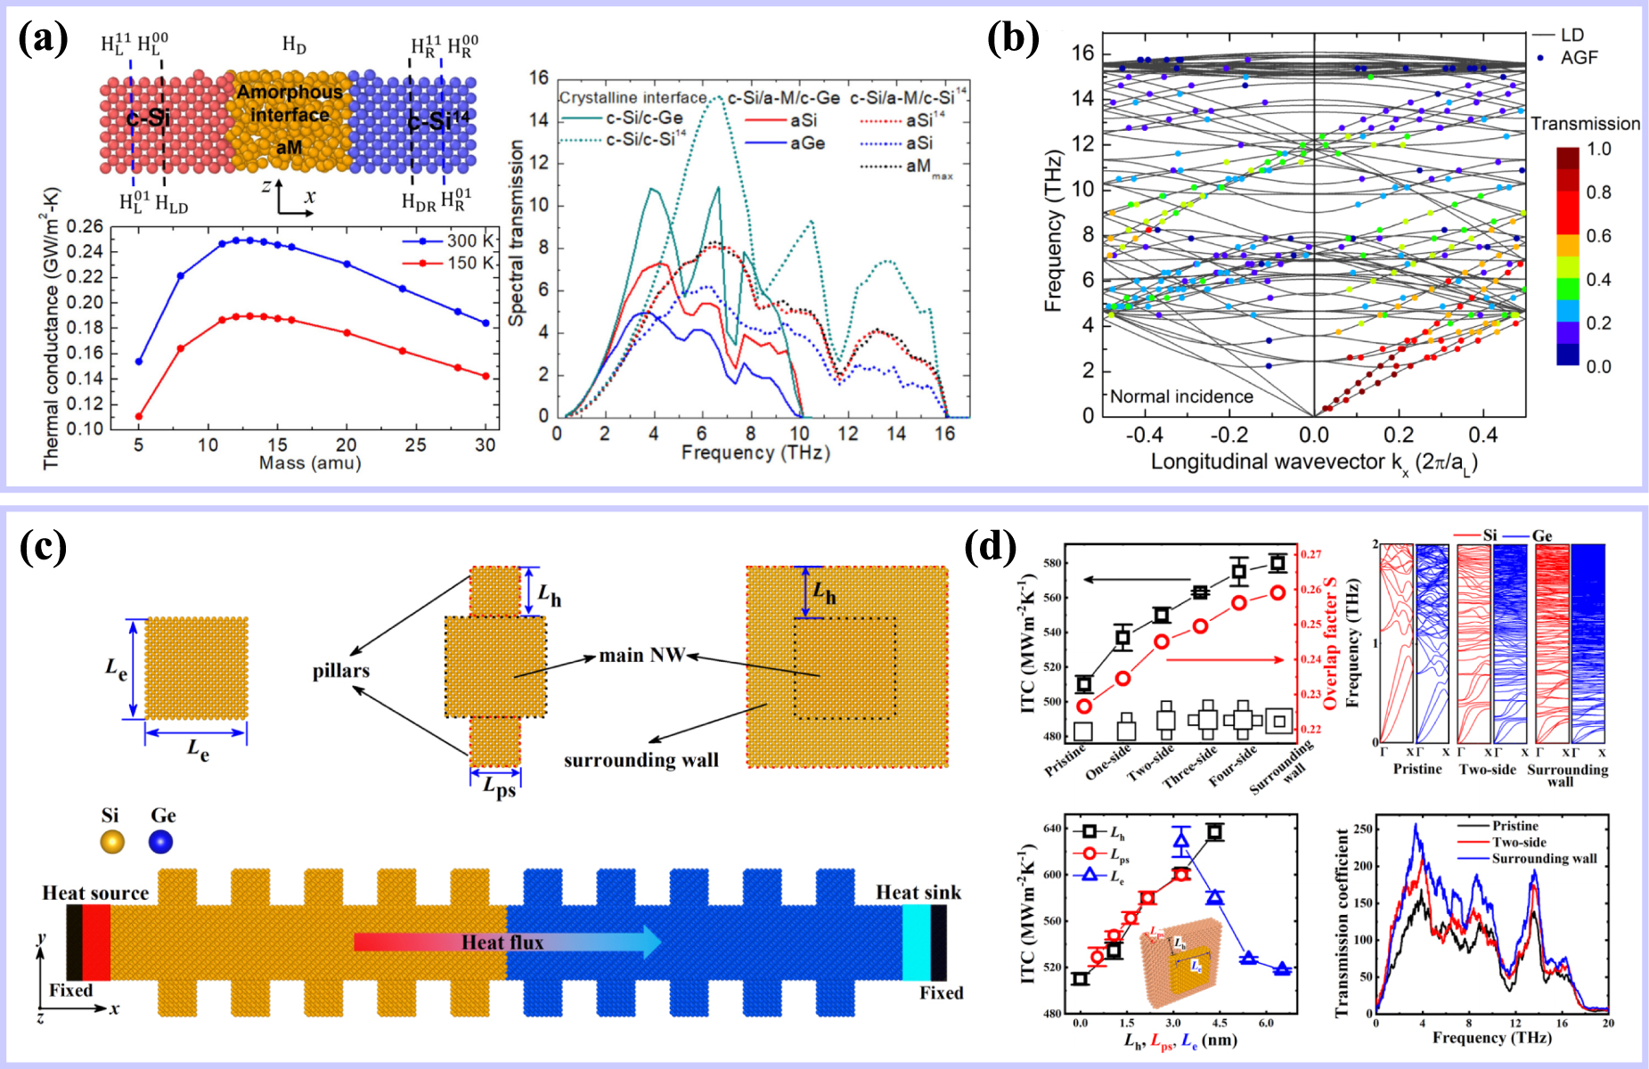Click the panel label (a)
point(44,39)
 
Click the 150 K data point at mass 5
point(139,416)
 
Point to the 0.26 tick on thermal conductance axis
point(86,227)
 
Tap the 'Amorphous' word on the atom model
point(290,92)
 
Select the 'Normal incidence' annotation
point(1181,396)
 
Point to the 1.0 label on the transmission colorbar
point(1599,149)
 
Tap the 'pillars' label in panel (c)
point(340,671)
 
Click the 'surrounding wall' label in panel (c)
point(641,760)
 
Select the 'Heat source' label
point(95,893)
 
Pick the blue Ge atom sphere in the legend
point(161,841)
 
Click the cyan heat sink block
point(916,943)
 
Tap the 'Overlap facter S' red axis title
point(1331,642)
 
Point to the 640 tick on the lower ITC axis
point(1052,828)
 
